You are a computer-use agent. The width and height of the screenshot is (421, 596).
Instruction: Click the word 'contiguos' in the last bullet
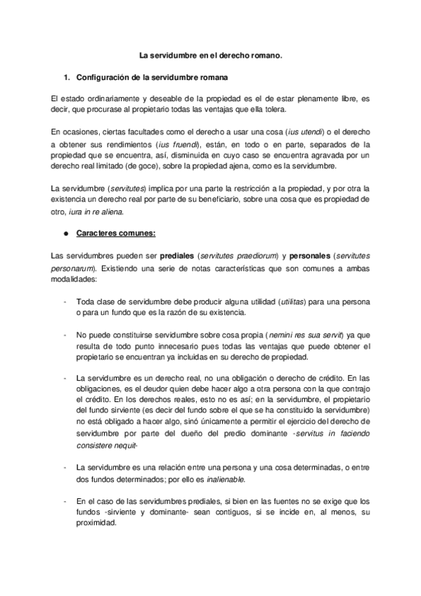point(223,511)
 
